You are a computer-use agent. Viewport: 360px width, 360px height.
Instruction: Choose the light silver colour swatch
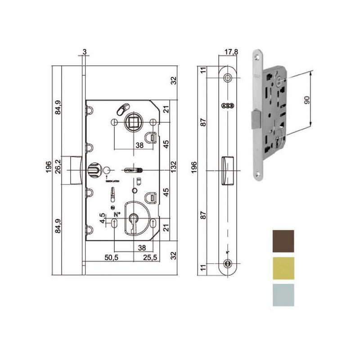[283, 295]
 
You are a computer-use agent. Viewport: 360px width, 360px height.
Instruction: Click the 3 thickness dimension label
[84, 51]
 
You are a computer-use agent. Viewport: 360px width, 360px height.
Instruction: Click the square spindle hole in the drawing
[134, 122]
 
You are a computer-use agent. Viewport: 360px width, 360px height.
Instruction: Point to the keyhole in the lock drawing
[134, 222]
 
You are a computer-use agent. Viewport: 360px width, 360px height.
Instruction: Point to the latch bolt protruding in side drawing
[74, 170]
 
